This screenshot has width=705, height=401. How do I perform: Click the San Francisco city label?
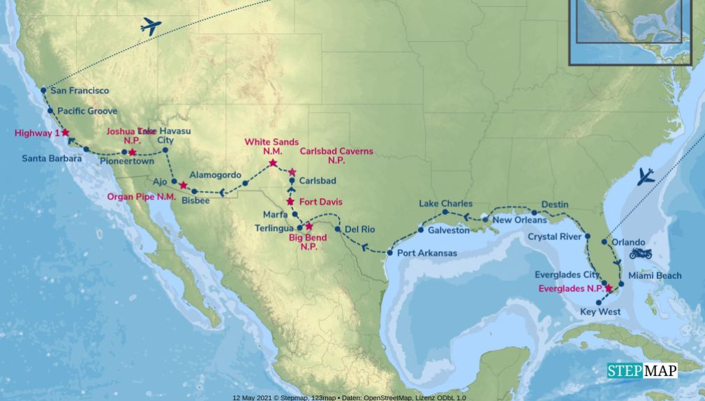click(80, 91)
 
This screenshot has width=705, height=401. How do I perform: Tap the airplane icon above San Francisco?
click(150, 27)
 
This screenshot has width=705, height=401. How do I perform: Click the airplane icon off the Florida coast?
click(646, 176)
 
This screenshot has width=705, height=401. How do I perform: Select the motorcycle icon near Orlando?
click(640, 253)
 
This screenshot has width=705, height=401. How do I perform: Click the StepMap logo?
click(641, 371)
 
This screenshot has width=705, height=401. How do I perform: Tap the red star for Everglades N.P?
click(609, 288)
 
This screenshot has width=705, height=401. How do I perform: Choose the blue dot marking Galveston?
click(421, 230)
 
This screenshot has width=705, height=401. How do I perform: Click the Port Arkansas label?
click(427, 253)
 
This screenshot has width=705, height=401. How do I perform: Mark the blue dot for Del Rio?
click(338, 229)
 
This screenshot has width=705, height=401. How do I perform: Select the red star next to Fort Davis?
click(290, 202)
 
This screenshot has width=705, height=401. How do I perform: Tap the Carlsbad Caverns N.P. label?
click(336, 156)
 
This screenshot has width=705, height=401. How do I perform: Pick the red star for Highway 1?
click(65, 133)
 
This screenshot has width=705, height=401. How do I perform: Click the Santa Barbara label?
click(52, 158)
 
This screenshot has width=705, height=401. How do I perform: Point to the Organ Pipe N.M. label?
click(142, 197)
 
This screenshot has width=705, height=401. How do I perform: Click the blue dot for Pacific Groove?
click(50, 111)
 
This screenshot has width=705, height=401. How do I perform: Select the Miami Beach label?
click(654, 275)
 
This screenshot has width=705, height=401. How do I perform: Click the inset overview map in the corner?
click(630, 31)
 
